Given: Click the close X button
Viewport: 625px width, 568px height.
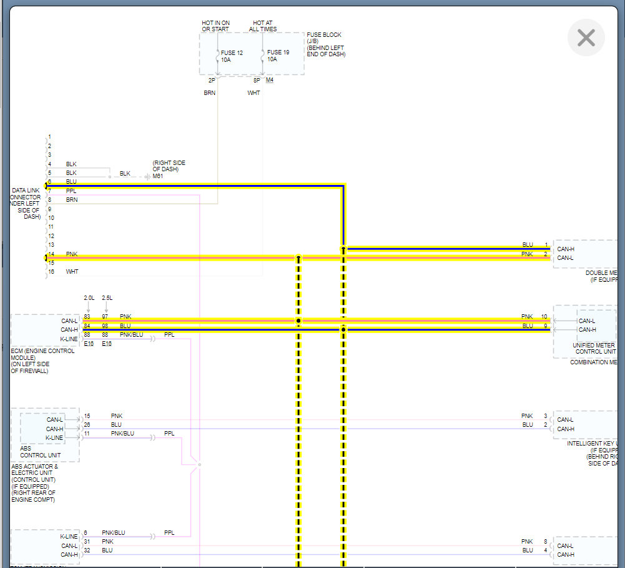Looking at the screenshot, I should [586, 37].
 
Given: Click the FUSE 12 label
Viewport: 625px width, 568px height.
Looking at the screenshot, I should [232, 52].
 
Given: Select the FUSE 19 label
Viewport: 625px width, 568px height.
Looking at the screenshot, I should [278, 52].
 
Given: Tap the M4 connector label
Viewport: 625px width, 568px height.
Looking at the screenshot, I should [269, 81].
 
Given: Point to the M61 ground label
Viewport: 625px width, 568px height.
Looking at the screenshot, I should [157, 176].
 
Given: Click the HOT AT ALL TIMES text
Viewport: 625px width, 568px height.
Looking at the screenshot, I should [263, 26].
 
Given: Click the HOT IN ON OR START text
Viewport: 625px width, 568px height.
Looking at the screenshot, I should [215, 26].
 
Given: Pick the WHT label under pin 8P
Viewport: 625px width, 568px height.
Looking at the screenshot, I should [253, 93].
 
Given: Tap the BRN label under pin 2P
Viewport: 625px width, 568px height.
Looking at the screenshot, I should [209, 93].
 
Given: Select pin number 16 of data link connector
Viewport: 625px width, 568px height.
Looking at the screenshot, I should [51, 272].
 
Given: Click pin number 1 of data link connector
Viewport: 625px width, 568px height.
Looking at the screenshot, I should [50, 137].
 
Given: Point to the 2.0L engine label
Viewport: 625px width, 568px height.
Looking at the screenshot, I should [89, 298].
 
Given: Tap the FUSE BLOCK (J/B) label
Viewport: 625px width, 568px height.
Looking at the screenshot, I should [324, 38].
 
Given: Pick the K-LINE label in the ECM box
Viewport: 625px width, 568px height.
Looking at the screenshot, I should [69, 339].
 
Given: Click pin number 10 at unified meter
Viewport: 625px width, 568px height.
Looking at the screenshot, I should [544, 317].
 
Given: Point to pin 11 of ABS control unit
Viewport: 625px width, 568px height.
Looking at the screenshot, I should [87, 433].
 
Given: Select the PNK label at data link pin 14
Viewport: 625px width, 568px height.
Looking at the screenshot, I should [72, 254].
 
